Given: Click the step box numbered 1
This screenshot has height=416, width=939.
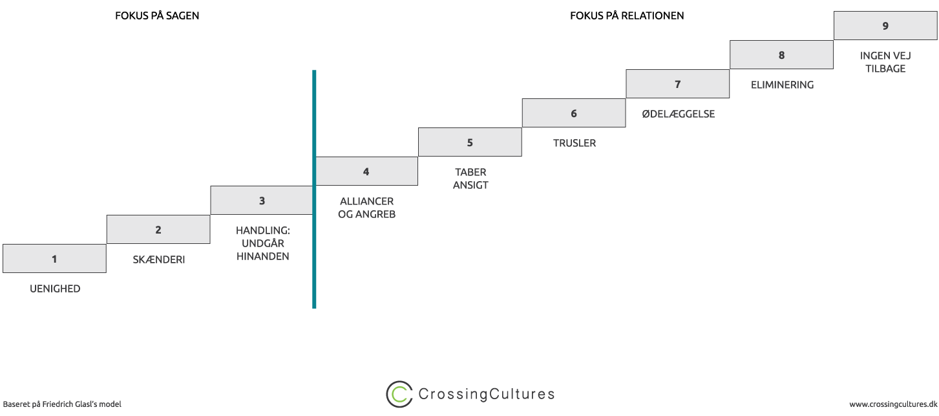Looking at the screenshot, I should [54, 259].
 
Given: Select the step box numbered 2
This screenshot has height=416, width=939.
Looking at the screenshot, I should [158, 230].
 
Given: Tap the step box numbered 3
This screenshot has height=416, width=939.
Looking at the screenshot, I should [262, 201].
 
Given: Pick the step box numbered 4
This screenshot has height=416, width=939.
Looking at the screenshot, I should [366, 171].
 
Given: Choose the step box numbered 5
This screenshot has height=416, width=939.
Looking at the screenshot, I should [470, 142].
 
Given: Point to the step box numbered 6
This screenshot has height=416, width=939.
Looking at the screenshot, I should [574, 113].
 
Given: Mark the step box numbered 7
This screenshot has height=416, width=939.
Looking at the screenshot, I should [677, 84].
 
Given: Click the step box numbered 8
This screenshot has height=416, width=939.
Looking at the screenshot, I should [781, 55].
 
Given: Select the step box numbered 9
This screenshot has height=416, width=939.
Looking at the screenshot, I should [885, 26].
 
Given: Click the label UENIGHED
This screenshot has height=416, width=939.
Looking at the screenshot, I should [55, 289].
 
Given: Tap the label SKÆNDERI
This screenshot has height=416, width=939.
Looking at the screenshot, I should [158, 259].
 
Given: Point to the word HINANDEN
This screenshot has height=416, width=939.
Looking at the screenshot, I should [262, 256].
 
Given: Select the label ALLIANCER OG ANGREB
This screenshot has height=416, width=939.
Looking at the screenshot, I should [366, 208].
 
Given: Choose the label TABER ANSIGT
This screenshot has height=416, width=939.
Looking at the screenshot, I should [470, 179].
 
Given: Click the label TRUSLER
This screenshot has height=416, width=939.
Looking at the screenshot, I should [575, 143].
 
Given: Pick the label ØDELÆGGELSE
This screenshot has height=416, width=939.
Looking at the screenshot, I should [678, 114].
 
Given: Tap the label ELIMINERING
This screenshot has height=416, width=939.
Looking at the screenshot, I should [782, 85].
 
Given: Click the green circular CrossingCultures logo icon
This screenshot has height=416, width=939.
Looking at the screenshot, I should [399, 394].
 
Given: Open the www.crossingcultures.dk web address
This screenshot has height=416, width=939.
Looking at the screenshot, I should [892, 404].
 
